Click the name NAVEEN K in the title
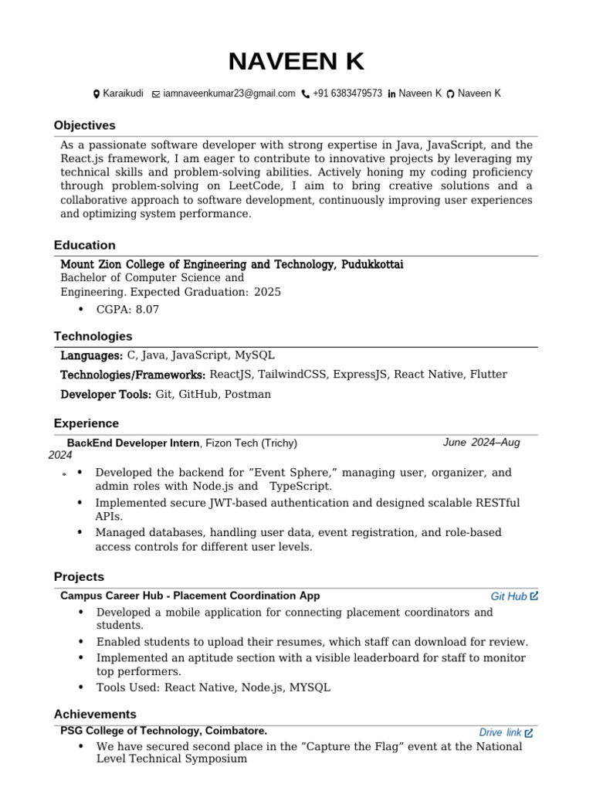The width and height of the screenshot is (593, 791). (x=296, y=61)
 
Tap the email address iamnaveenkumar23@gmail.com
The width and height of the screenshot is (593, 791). (x=229, y=93)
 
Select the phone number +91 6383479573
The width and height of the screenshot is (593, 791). (x=347, y=93)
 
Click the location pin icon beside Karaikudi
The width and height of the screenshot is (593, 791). (x=97, y=94)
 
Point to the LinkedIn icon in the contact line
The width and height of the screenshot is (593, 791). (x=391, y=94)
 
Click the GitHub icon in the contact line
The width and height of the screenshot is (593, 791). (x=451, y=94)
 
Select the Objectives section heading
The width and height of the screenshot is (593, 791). (x=84, y=125)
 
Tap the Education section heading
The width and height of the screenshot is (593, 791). (x=84, y=245)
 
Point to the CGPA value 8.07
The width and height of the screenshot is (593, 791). (x=147, y=310)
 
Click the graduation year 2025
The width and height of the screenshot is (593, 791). (x=267, y=292)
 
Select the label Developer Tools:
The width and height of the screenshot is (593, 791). (x=106, y=394)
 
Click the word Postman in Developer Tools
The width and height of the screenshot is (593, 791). (x=247, y=394)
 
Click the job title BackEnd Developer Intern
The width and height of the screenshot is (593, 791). (x=134, y=443)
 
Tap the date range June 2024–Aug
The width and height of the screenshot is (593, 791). (x=481, y=443)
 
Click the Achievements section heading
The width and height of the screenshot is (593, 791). (x=95, y=714)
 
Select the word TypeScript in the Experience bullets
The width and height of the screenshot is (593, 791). (x=300, y=487)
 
